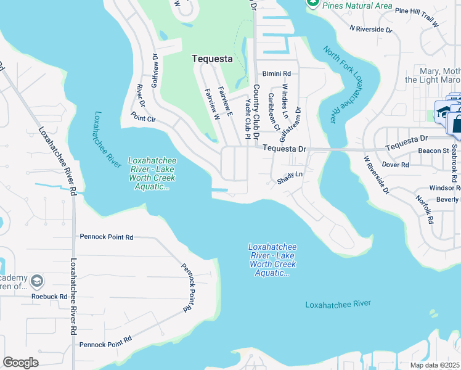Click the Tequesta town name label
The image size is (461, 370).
212,59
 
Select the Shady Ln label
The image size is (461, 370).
290,175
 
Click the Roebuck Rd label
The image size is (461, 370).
49,296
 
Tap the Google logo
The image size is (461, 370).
20,362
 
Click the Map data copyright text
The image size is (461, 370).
430,365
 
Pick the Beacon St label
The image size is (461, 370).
433,150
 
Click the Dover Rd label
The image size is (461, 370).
396,165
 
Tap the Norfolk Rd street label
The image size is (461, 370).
426,209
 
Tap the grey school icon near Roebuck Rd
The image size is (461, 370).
37,281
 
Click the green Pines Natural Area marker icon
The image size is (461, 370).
312,3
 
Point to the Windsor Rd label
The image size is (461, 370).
445,187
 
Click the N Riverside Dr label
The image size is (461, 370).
370,28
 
